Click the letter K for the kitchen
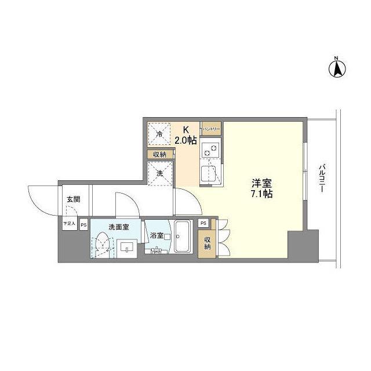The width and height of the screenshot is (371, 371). [186, 130]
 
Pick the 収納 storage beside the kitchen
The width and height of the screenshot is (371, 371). [159, 154]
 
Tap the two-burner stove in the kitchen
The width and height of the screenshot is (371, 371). [212, 150]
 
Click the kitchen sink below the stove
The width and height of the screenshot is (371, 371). [211, 173]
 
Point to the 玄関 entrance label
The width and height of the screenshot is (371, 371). [73, 199]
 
